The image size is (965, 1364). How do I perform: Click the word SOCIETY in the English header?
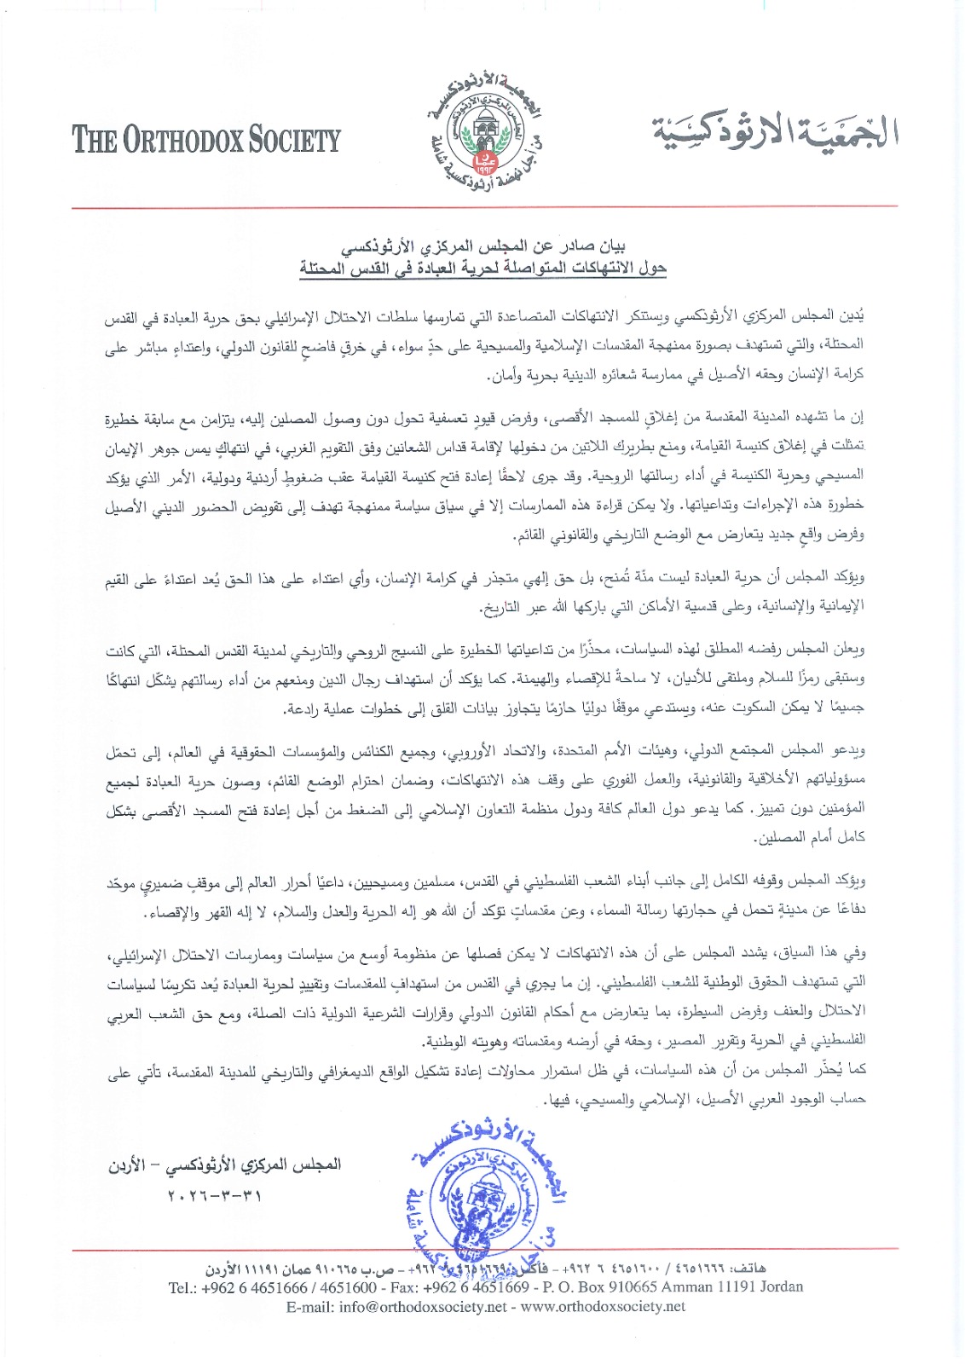295,140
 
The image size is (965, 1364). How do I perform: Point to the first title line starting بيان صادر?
483,248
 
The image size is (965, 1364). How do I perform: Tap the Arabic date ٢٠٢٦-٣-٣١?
215,1195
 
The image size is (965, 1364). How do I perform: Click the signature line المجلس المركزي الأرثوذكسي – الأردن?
224,1165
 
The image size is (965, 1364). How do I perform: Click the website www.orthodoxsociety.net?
603,1306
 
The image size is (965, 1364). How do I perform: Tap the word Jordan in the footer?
777,1286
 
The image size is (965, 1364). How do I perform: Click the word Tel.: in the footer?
183,1286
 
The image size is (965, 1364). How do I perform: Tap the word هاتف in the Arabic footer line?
748,1269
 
